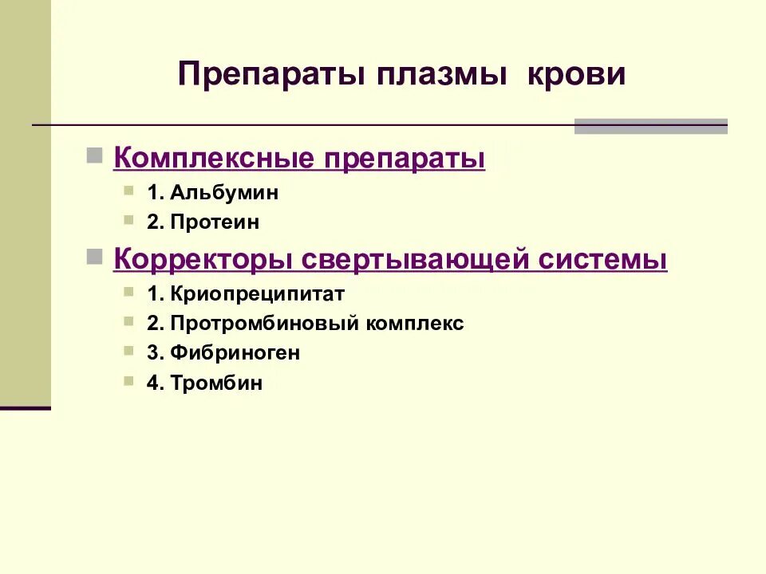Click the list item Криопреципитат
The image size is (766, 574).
coord(256,293)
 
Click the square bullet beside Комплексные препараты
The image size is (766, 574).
coord(94,154)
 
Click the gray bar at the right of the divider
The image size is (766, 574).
coord(650,126)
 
